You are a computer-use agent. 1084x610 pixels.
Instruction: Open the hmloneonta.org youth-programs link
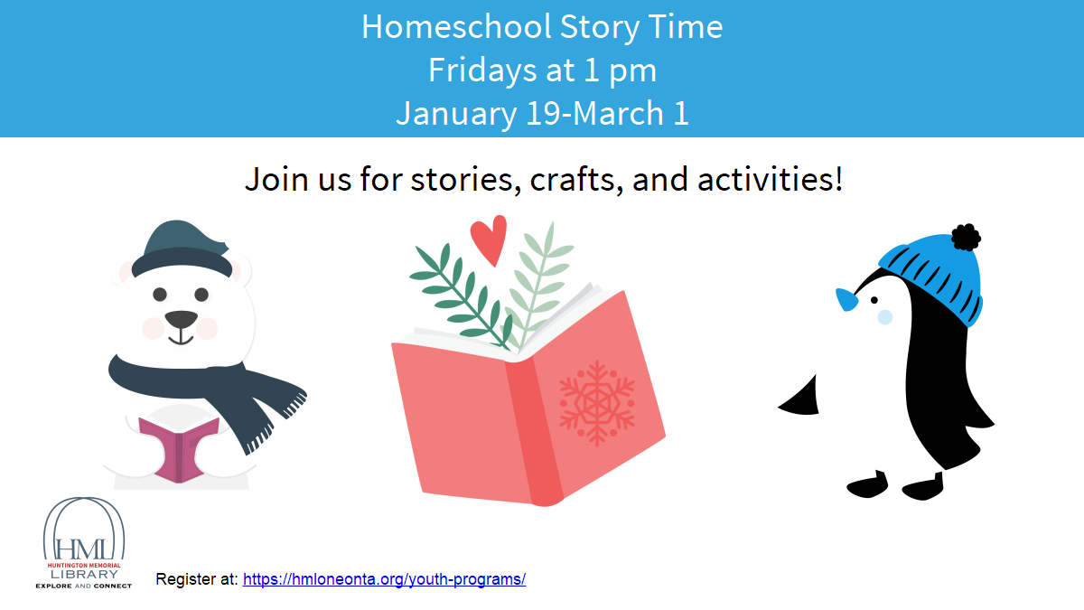coord(384,579)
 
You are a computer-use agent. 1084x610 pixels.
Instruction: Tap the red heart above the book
coord(489,240)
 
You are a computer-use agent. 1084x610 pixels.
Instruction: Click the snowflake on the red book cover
coord(597,403)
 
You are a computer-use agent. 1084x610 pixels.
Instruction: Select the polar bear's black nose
coord(181,319)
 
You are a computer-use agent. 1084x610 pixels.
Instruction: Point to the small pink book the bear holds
coord(177,447)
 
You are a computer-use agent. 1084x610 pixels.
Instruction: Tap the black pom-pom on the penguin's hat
coord(966,237)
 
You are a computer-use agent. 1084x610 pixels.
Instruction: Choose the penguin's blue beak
coord(847,299)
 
